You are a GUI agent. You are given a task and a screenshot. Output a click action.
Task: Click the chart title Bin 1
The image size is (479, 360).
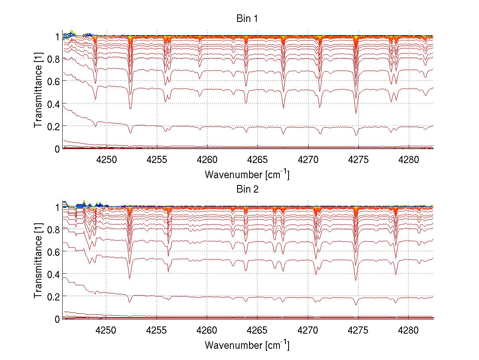[247, 19]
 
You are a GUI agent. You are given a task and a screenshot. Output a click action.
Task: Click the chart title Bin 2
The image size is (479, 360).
[247, 189]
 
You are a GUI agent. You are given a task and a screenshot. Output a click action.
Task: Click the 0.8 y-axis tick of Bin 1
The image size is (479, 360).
[54, 59]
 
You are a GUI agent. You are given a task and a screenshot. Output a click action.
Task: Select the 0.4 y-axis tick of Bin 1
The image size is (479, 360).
[54, 104]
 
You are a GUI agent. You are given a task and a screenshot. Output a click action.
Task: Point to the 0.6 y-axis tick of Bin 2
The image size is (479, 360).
[54, 252]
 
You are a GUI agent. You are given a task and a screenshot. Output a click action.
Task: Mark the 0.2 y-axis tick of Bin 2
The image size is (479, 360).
[54, 296]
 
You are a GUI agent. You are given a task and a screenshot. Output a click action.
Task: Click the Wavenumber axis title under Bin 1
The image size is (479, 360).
[247, 174]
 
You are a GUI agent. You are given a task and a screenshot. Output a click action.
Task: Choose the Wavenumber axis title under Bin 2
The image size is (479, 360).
[247, 345]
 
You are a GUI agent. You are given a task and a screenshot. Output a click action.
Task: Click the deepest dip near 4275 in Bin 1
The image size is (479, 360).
[356, 113]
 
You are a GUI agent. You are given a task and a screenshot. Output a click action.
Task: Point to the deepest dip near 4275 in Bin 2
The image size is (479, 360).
[356, 280]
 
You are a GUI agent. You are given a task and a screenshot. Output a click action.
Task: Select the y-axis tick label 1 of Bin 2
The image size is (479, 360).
[57, 207]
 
